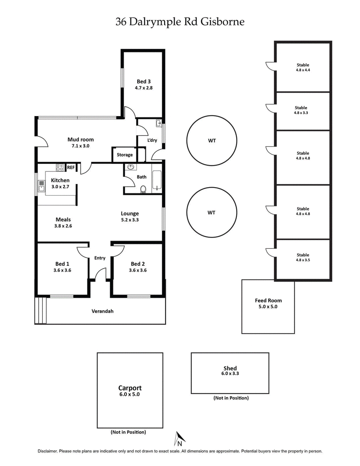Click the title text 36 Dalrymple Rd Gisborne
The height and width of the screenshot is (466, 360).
[x=180, y=22]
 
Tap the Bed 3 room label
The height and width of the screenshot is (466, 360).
[x=144, y=85]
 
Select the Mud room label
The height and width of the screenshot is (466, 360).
[x=81, y=143]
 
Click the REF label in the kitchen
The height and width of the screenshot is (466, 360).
[x=71, y=167]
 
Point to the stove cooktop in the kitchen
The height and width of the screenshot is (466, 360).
[x=59, y=167]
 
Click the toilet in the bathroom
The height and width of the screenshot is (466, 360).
[x=144, y=189]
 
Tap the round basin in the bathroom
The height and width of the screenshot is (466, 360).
[x=131, y=167]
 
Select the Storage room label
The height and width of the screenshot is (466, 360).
[x=125, y=155]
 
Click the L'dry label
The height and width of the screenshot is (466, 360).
[x=152, y=141]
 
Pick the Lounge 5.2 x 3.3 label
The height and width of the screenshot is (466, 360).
[x=130, y=217]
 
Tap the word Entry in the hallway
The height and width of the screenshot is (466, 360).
[x=99, y=258]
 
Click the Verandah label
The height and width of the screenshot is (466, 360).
[x=102, y=311]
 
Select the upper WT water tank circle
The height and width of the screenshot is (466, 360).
[x=211, y=141]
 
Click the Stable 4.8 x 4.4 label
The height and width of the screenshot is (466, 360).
[x=302, y=67]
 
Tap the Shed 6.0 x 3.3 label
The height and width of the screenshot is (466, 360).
[x=229, y=371]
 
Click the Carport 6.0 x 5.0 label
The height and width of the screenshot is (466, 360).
[x=130, y=390]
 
